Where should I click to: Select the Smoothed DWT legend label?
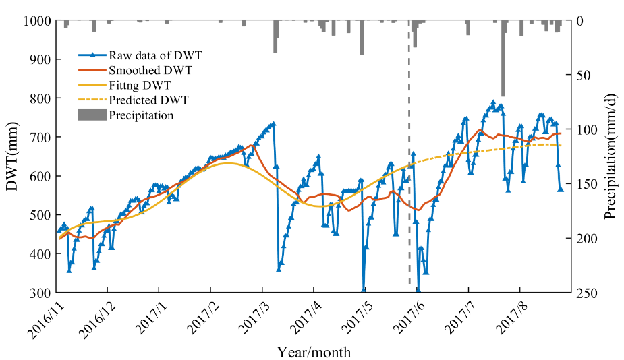150,70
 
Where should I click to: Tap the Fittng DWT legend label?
139,86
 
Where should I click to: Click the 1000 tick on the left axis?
39,21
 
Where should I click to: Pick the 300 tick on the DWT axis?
42,293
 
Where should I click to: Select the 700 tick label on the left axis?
42,138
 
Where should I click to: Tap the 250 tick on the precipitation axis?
584,293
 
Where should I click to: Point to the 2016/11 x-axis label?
50,318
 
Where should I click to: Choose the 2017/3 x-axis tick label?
258,314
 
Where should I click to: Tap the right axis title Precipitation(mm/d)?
611,157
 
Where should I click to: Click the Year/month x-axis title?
314,351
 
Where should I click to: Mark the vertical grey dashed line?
409,202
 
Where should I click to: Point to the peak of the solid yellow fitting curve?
229,163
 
